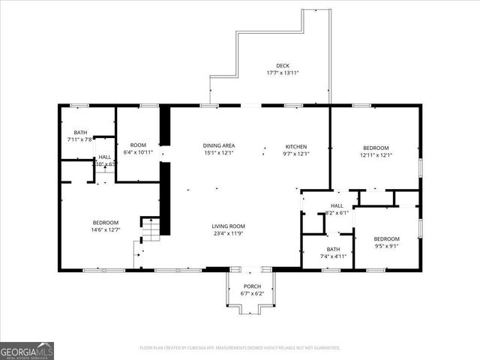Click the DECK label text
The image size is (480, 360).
[282, 65]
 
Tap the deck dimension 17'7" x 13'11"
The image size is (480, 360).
[282, 73]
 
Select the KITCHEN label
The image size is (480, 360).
[295, 146]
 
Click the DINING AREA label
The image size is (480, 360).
[219, 145]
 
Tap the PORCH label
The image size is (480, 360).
[252, 286]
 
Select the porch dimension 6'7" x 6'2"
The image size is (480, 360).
[252, 294]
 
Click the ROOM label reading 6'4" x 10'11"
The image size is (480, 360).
[138, 145]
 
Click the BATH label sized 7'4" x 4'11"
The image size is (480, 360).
[333, 249]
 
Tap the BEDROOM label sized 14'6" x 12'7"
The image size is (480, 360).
[106, 222]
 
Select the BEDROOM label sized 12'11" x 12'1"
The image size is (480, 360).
[376, 147]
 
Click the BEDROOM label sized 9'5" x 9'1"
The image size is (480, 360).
[386, 238]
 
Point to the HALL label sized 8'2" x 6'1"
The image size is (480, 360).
[337, 205]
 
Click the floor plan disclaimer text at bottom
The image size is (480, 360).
[240, 348]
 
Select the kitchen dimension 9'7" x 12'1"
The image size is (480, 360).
[295, 154]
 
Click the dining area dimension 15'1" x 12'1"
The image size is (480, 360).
[219, 153]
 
